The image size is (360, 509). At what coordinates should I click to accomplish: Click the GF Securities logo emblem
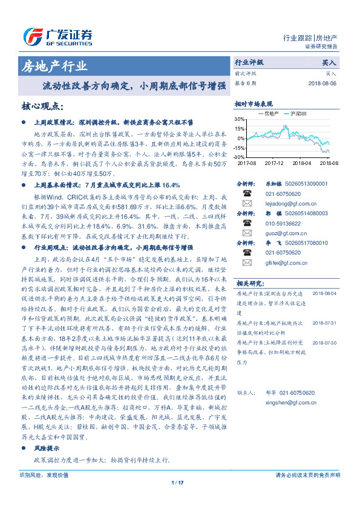pyautogui.click(x=31, y=36)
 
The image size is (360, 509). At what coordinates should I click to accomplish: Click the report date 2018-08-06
pyautogui.click(x=322, y=83)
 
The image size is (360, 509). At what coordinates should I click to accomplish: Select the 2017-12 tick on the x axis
pyautogui.click(x=274, y=163)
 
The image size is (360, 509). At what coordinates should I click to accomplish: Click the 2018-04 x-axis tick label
pyautogui.click(x=301, y=163)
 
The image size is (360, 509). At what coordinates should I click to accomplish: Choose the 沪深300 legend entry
pyautogui.click(x=298, y=113)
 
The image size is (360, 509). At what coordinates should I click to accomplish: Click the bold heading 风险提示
pyautogui.click(x=47, y=449)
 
